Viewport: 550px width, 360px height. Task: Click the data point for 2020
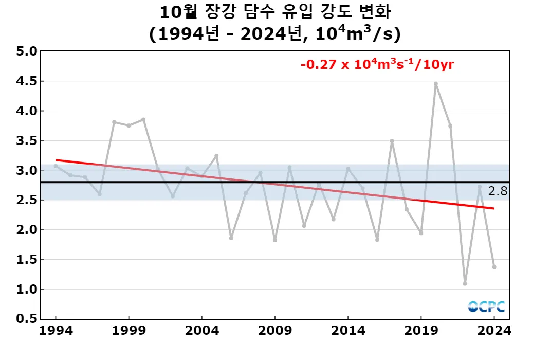click(436, 83)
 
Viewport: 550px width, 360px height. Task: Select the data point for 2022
click(465, 283)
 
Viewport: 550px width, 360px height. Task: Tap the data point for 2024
click(494, 267)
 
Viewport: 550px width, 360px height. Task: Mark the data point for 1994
click(56, 166)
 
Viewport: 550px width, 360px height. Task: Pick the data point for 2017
click(392, 141)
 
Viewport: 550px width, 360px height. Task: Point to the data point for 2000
click(143, 119)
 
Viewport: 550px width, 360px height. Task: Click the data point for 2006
click(231, 238)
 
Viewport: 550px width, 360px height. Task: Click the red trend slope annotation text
click(377, 65)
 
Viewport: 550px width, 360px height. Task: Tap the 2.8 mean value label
click(498, 191)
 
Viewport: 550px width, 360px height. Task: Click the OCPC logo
click(486, 307)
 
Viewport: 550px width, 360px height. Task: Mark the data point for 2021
click(450, 125)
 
